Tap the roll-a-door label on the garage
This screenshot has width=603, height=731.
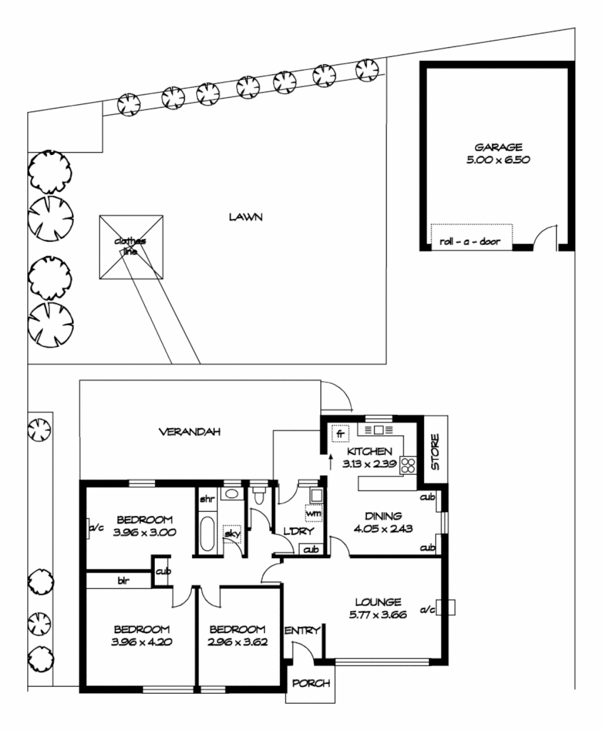tap(470, 242)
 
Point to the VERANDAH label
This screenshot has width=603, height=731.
tap(189, 432)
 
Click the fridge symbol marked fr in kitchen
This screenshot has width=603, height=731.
tap(340, 434)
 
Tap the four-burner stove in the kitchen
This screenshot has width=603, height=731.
tap(409, 465)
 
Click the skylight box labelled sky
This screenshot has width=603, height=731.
tap(232, 534)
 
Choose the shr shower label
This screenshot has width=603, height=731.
tap(208, 498)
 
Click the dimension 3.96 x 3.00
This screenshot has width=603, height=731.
tap(145, 532)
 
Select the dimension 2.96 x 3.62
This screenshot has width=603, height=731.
tap(237, 642)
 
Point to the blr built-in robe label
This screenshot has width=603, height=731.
tap(123, 581)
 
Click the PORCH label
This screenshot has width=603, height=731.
tap(312, 683)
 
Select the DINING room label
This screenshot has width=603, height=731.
tap(382, 515)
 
